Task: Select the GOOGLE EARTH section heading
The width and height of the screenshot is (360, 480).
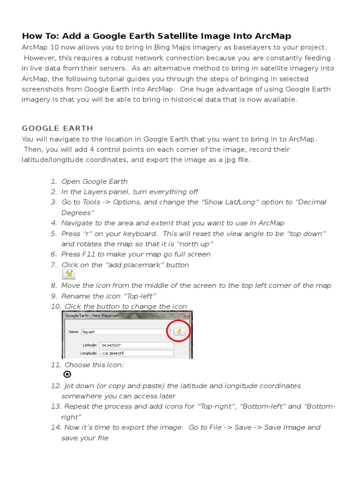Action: click(57, 128)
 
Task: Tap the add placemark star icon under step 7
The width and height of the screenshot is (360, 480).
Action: click(68, 274)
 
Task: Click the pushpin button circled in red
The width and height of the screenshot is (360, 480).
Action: click(179, 331)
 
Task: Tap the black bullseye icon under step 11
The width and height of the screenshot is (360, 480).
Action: click(67, 375)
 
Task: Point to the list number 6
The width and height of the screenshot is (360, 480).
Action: click(53, 254)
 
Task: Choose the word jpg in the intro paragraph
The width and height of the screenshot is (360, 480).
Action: click(222, 159)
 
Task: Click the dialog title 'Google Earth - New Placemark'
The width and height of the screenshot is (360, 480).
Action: click(92, 315)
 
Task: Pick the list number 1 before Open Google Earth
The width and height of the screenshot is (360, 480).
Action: click(53, 181)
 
